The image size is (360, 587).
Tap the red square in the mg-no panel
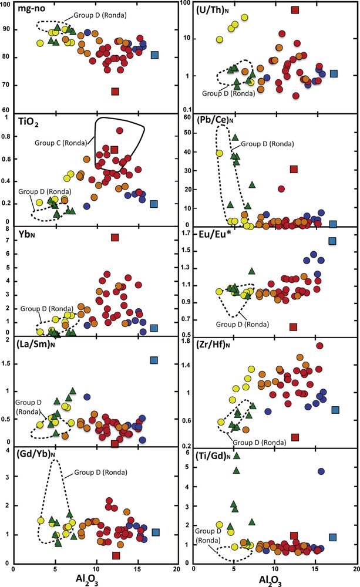click(x=115, y=92)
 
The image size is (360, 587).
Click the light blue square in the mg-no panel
click(x=154, y=55)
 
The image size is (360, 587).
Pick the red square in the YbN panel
click(x=115, y=237)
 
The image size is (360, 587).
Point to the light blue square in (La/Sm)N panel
click(x=154, y=360)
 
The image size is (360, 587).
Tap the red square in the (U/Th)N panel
click(x=295, y=10)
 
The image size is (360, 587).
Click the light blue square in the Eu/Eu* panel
click(x=332, y=241)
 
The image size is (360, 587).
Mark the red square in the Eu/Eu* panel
click(x=294, y=326)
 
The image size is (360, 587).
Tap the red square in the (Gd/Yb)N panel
click(x=116, y=555)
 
